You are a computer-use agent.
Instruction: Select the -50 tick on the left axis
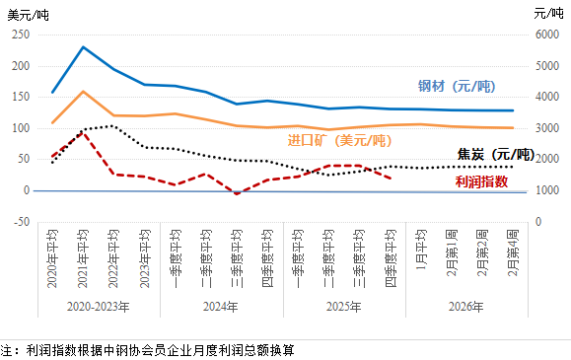click(20, 221)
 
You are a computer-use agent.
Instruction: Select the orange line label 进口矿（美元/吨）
click(338, 141)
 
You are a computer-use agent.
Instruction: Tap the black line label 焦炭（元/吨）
click(496, 156)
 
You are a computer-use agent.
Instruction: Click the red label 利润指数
click(482, 181)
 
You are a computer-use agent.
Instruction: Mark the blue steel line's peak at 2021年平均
click(83, 46)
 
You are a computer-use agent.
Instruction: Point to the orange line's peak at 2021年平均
click(83, 92)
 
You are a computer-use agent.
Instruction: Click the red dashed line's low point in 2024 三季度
click(237, 193)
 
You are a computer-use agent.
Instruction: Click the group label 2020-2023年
click(98, 307)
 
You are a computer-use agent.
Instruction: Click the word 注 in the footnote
click(6, 350)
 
